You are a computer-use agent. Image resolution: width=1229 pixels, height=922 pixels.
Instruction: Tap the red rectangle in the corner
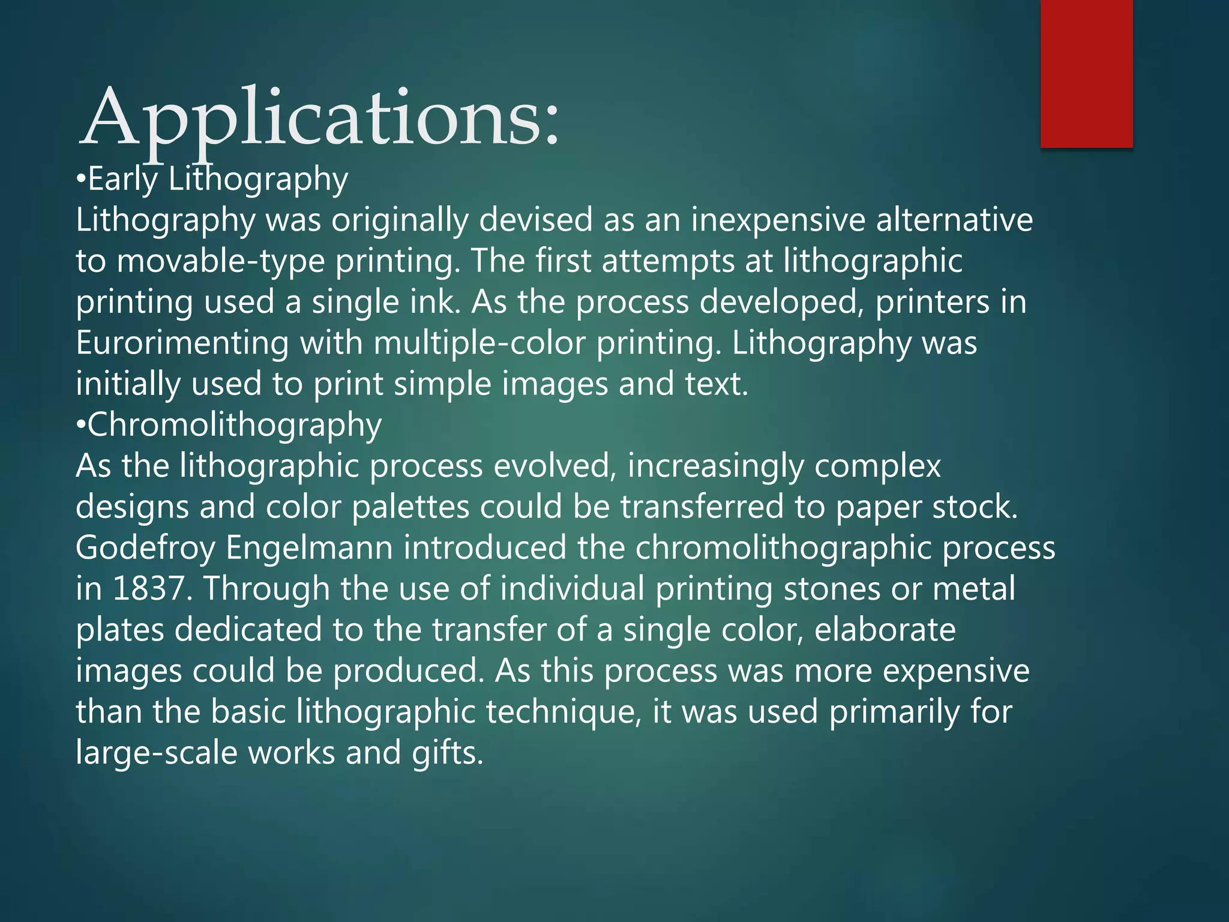[1086, 73]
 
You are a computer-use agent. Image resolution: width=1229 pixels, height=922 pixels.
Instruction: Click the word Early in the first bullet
[123, 179]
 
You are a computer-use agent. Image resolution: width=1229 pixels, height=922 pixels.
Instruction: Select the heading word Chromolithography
[235, 425]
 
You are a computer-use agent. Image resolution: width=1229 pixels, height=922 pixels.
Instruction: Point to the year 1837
[148, 588]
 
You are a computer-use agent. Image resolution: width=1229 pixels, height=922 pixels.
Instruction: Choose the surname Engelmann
[309, 548]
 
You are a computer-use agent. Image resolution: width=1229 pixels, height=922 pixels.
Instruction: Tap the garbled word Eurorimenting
[182, 343]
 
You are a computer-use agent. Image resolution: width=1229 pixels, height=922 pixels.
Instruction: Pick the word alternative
[954, 220]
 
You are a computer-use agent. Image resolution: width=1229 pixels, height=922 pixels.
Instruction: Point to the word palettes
[410, 507]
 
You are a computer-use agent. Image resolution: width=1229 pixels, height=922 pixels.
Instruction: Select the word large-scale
[157, 753]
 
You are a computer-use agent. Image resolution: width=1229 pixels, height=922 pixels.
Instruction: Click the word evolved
[555, 466]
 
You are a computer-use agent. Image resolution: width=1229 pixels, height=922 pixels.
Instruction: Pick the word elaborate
[885, 630]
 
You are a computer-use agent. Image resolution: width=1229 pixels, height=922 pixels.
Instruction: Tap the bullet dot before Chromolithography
[81, 426]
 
